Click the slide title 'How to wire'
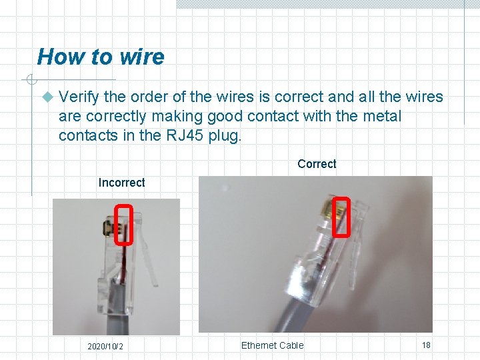pos(101,57)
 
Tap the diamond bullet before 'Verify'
pos(46,97)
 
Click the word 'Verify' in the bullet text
pos(77,97)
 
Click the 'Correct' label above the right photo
pos(317,164)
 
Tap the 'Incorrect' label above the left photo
pos(121,183)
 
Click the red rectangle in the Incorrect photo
pos(124,225)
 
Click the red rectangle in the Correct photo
pos(341,217)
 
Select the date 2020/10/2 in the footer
pos(105,347)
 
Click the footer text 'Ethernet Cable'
pos(272,345)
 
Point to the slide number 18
pos(426,345)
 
